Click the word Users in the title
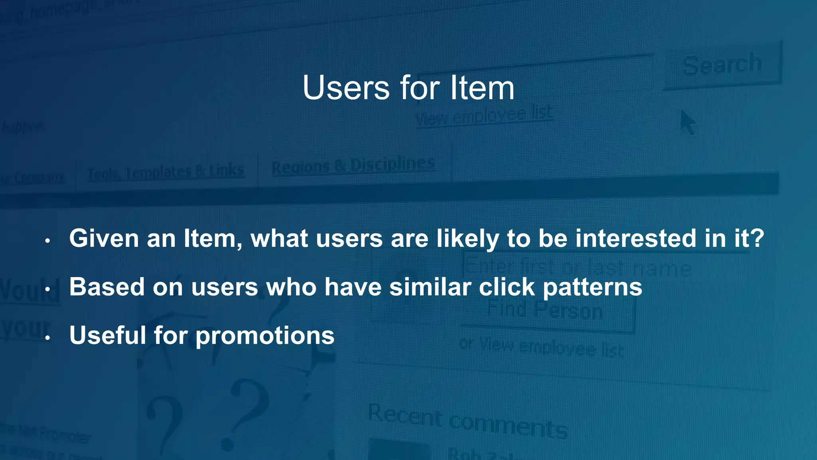click(x=345, y=88)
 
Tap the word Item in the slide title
click(x=482, y=88)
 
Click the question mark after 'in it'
click(x=757, y=238)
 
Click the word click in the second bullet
click(x=507, y=287)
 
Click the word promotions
click(x=265, y=336)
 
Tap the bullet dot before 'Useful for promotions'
click(x=47, y=338)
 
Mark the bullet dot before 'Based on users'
click(x=47, y=289)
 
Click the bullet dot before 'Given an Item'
click(x=47, y=241)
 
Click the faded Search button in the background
click(x=722, y=65)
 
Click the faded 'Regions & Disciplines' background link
click(x=353, y=165)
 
